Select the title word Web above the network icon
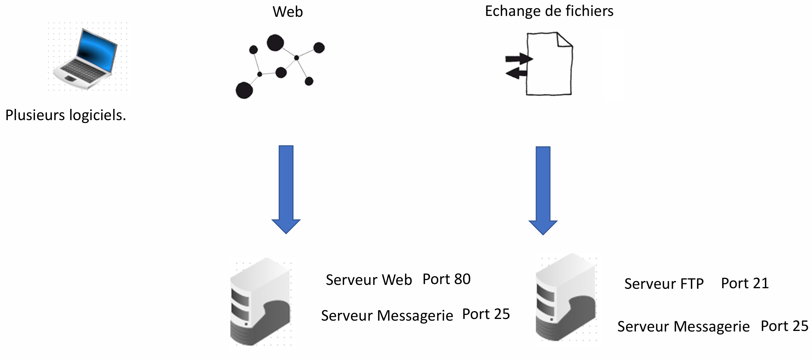coord(288,12)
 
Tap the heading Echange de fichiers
coord(549,11)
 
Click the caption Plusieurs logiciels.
coord(66,115)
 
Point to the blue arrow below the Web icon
coord(286,189)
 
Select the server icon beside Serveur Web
coord(260,302)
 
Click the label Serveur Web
coord(369,280)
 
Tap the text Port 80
coord(446,279)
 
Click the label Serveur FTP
coord(664,284)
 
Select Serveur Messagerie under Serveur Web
coord(387,316)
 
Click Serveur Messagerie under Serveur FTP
coord(683,326)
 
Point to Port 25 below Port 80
coord(486,314)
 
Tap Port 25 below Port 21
coord(784,326)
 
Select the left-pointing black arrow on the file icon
coord(516,74)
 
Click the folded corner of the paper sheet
coord(563,40)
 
